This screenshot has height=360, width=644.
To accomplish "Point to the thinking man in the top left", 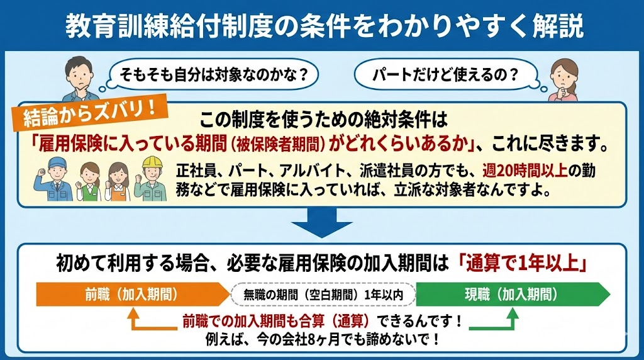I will point(75,79).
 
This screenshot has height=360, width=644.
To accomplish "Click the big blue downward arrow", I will point(321,221).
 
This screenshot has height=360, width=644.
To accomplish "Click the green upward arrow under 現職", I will point(511,321).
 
